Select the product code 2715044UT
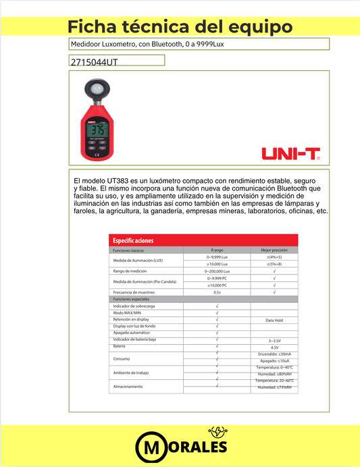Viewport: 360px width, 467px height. click(94, 62)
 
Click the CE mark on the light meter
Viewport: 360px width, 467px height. click(97, 155)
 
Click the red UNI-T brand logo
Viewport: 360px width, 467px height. click(291, 155)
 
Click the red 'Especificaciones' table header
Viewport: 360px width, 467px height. click(134, 240)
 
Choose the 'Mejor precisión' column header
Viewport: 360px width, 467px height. click(274, 250)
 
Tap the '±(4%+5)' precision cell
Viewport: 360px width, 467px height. click(274, 257)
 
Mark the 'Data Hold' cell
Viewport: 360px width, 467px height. click(274, 320)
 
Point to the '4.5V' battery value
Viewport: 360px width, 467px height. click(274, 348)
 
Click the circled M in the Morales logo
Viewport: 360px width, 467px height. click(149, 448)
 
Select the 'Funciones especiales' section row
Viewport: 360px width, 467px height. click(131, 299)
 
